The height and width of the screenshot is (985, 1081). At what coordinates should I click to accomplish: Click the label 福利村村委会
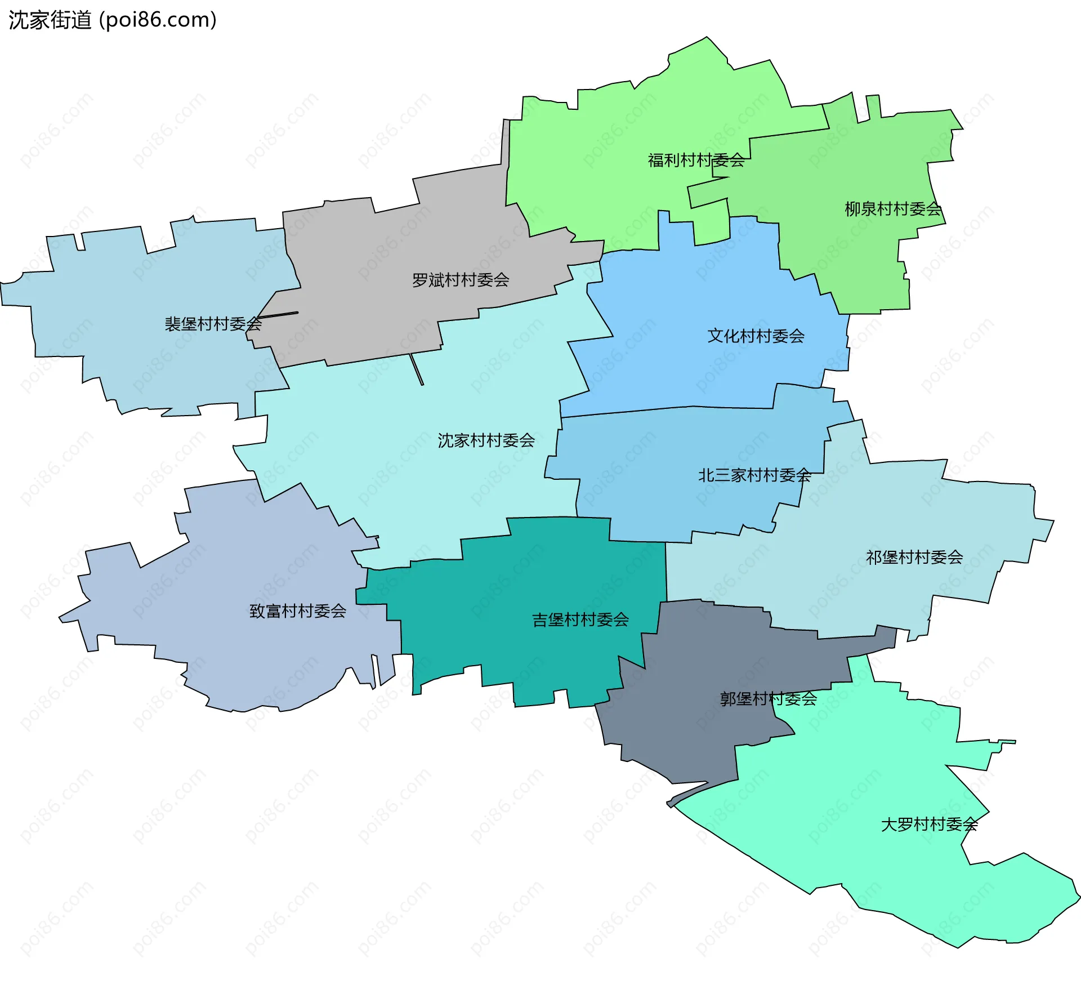pos(696,161)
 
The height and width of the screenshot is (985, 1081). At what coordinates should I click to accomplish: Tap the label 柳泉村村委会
pos(893,209)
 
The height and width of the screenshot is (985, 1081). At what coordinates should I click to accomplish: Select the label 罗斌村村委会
pos(461,280)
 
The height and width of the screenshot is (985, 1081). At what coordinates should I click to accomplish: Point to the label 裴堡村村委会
pos(213,324)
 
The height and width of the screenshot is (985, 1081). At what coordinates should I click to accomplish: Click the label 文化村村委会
pos(756,336)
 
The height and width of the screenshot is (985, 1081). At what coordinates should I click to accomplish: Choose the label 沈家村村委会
pos(486,440)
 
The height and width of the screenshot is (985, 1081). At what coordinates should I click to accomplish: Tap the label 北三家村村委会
pos(754,475)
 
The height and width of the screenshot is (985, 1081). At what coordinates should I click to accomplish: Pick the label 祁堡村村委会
pos(914,558)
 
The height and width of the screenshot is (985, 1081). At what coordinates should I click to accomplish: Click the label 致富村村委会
pos(298,611)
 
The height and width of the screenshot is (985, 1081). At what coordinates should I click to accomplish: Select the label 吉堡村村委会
pos(580,620)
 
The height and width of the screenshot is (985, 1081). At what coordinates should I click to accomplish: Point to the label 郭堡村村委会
pos(768,699)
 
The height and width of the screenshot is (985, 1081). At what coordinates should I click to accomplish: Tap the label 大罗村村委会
pos(929,824)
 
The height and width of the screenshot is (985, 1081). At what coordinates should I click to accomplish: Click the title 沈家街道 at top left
pos(50,20)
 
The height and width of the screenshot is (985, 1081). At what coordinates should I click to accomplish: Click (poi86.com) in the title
pos(158,20)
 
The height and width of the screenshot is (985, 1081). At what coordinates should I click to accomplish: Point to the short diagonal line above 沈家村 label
pos(417,369)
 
